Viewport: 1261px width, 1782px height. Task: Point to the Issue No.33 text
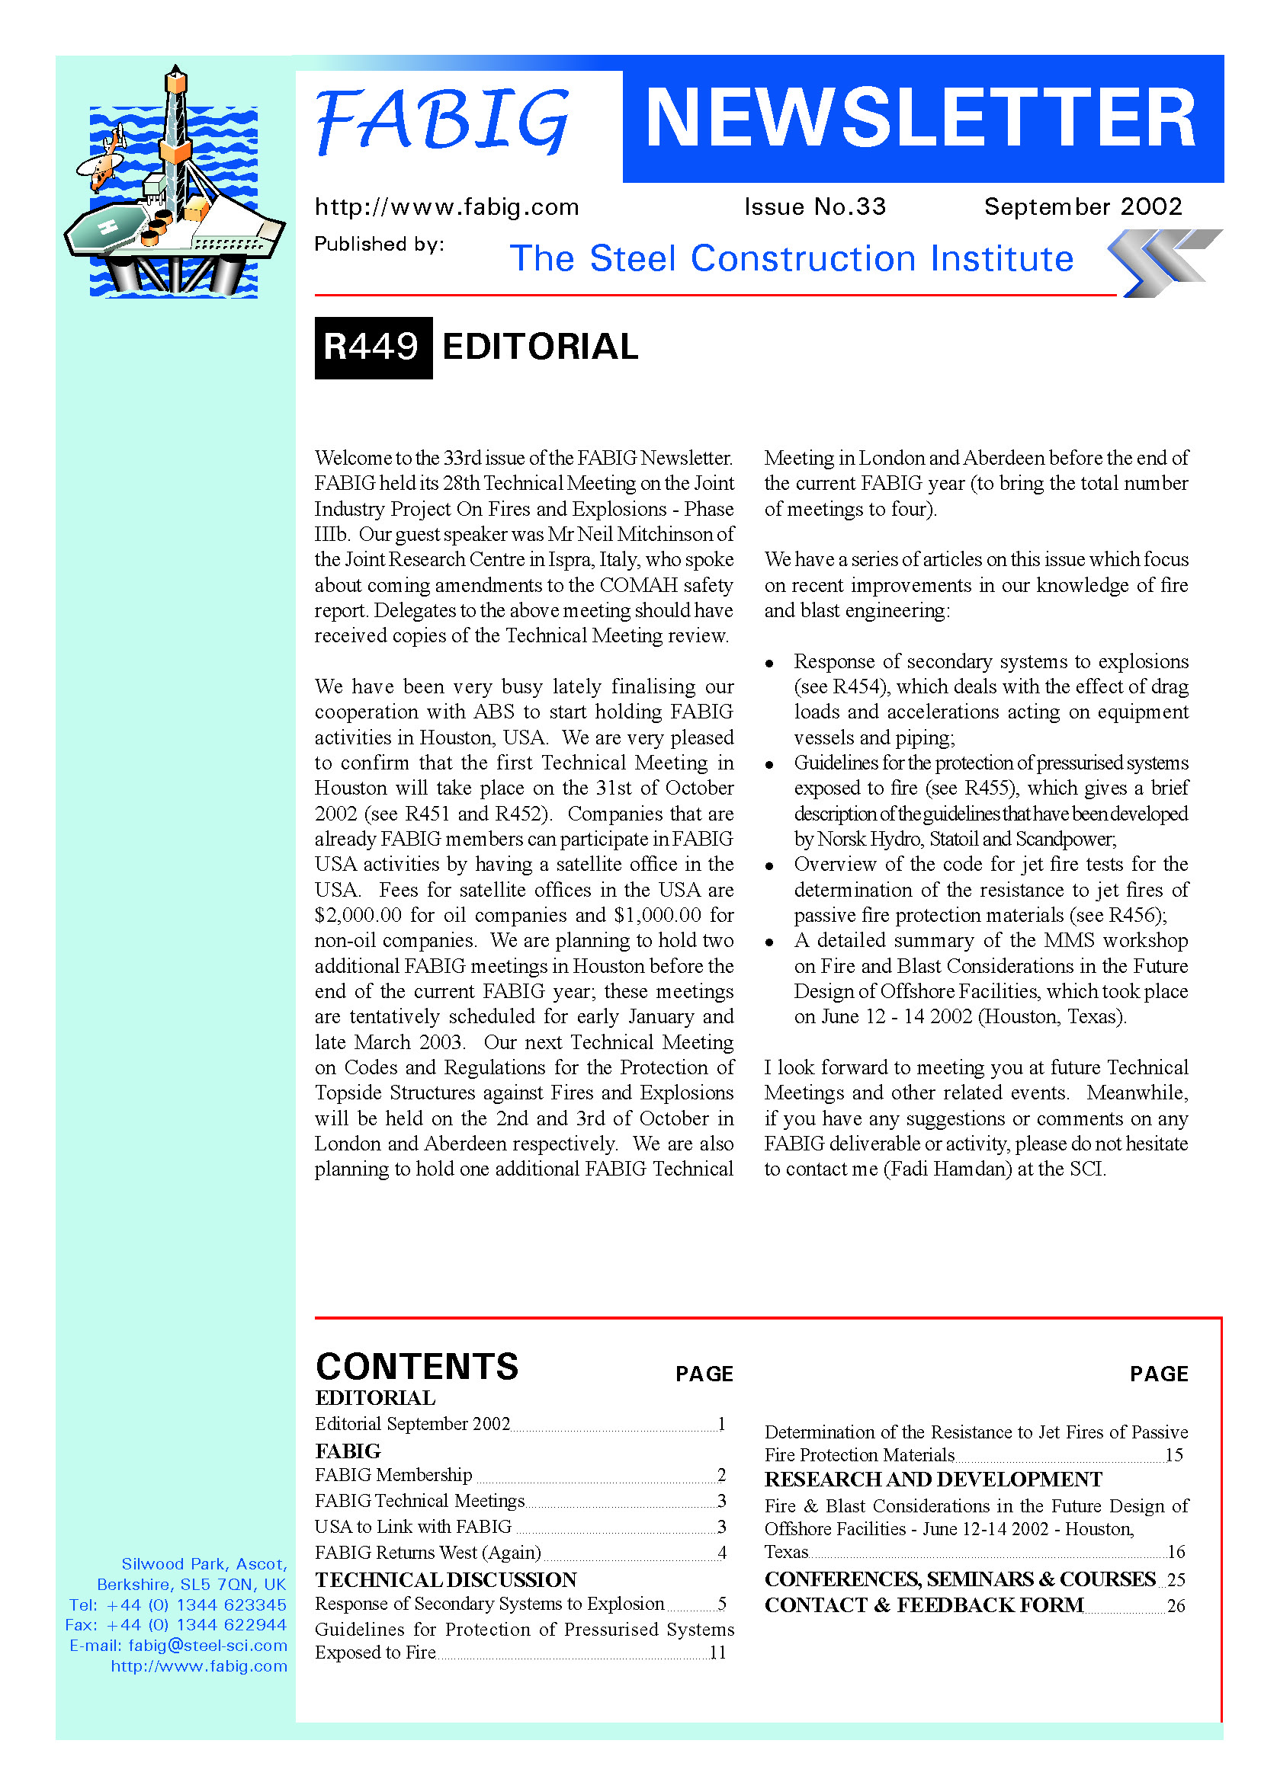click(814, 206)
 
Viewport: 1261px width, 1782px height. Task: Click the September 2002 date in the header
click(1083, 206)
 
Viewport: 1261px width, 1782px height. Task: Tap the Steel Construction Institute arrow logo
click(1163, 262)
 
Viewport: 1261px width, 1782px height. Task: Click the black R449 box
click(373, 347)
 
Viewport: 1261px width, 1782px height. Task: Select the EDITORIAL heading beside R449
click(540, 347)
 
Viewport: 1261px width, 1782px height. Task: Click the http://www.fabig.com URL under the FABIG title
click(447, 207)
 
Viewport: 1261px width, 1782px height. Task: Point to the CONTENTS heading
click(417, 1367)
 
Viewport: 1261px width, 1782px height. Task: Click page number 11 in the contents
click(717, 1652)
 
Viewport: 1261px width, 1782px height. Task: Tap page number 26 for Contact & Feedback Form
click(1176, 1605)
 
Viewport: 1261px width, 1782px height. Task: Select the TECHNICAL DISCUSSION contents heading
click(446, 1579)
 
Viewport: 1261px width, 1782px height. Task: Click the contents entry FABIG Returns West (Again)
click(428, 1552)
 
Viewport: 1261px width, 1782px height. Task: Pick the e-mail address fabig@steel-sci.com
click(207, 1646)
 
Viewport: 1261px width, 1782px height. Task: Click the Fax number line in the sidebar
click(176, 1625)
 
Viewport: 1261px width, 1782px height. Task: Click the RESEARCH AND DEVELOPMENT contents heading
click(932, 1480)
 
